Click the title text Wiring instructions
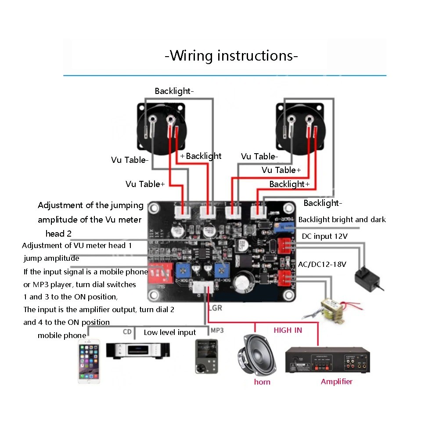coord(231,56)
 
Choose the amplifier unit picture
coord(327,360)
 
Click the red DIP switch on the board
coord(160,273)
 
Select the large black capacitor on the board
coord(242,283)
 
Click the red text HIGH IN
coord(288,330)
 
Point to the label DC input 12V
coord(325,236)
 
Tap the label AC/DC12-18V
coord(322,264)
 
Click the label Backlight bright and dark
coord(342,219)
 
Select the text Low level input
coord(170,332)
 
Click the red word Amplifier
coord(337,381)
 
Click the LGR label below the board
coord(215,308)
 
